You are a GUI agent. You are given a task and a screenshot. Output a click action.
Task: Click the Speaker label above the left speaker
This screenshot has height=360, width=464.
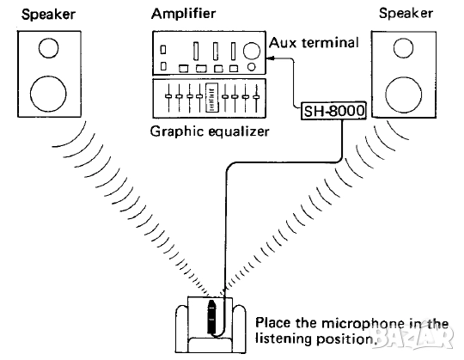tap(44, 15)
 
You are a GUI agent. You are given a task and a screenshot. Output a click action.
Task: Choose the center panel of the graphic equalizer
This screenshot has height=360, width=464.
tap(211, 101)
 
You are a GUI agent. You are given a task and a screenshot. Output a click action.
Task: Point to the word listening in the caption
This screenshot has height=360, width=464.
tap(281, 339)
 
